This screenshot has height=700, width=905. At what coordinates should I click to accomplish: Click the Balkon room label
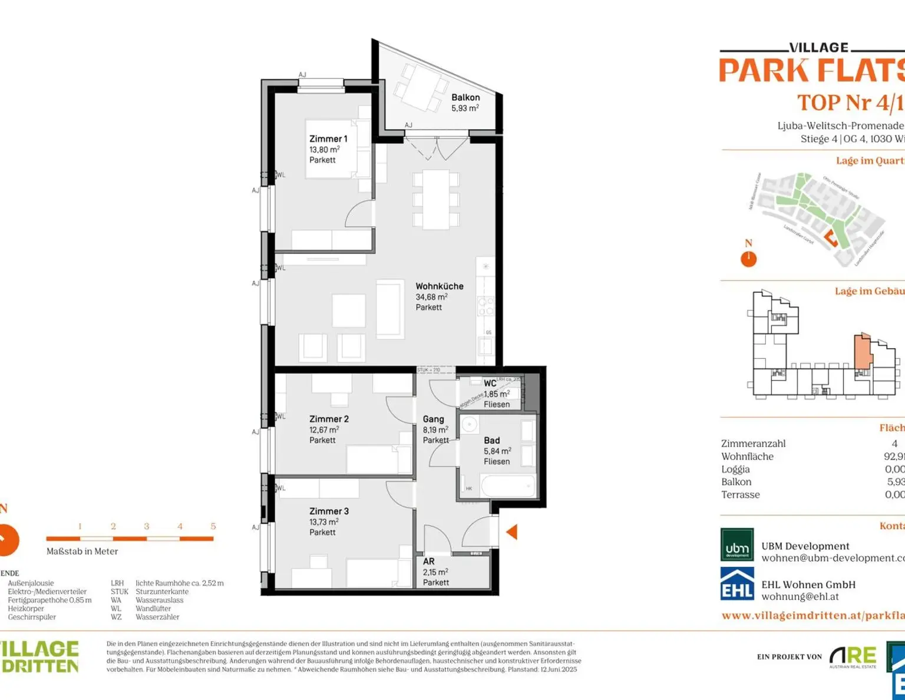coord(465,98)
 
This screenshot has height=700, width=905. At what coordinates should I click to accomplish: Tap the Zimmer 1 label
coord(328,139)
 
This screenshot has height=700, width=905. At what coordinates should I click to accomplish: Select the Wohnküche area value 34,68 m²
coord(431,297)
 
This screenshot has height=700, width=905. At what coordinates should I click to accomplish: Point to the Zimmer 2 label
coord(329,419)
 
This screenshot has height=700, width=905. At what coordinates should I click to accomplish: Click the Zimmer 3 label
coord(329,511)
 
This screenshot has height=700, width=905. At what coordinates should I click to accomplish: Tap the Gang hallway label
coord(433,419)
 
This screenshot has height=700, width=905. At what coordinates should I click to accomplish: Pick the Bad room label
coord(491,440)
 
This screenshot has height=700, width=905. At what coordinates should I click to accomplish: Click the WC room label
coord(490,384)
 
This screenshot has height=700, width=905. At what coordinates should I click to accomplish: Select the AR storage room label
coord(428,562)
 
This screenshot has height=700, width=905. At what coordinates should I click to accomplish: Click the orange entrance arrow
coord(511,532)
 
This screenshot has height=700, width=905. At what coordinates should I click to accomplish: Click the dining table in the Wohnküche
coord(435,199)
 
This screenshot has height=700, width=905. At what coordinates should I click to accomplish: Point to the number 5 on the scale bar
coord(213,526)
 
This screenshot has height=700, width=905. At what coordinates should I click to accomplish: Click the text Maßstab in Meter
coord(82,552)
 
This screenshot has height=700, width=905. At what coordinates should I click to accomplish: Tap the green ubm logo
coord(736,544)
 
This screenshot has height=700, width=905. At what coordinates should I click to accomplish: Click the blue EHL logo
coord(736,583)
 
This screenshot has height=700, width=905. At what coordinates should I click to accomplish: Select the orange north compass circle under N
coord(748,259)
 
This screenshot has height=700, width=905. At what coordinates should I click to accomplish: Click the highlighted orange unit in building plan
coord(862,352)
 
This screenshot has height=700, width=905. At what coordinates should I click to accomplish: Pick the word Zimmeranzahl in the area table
coord(753,444)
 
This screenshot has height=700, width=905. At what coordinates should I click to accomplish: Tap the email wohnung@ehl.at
coord(800,596)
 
